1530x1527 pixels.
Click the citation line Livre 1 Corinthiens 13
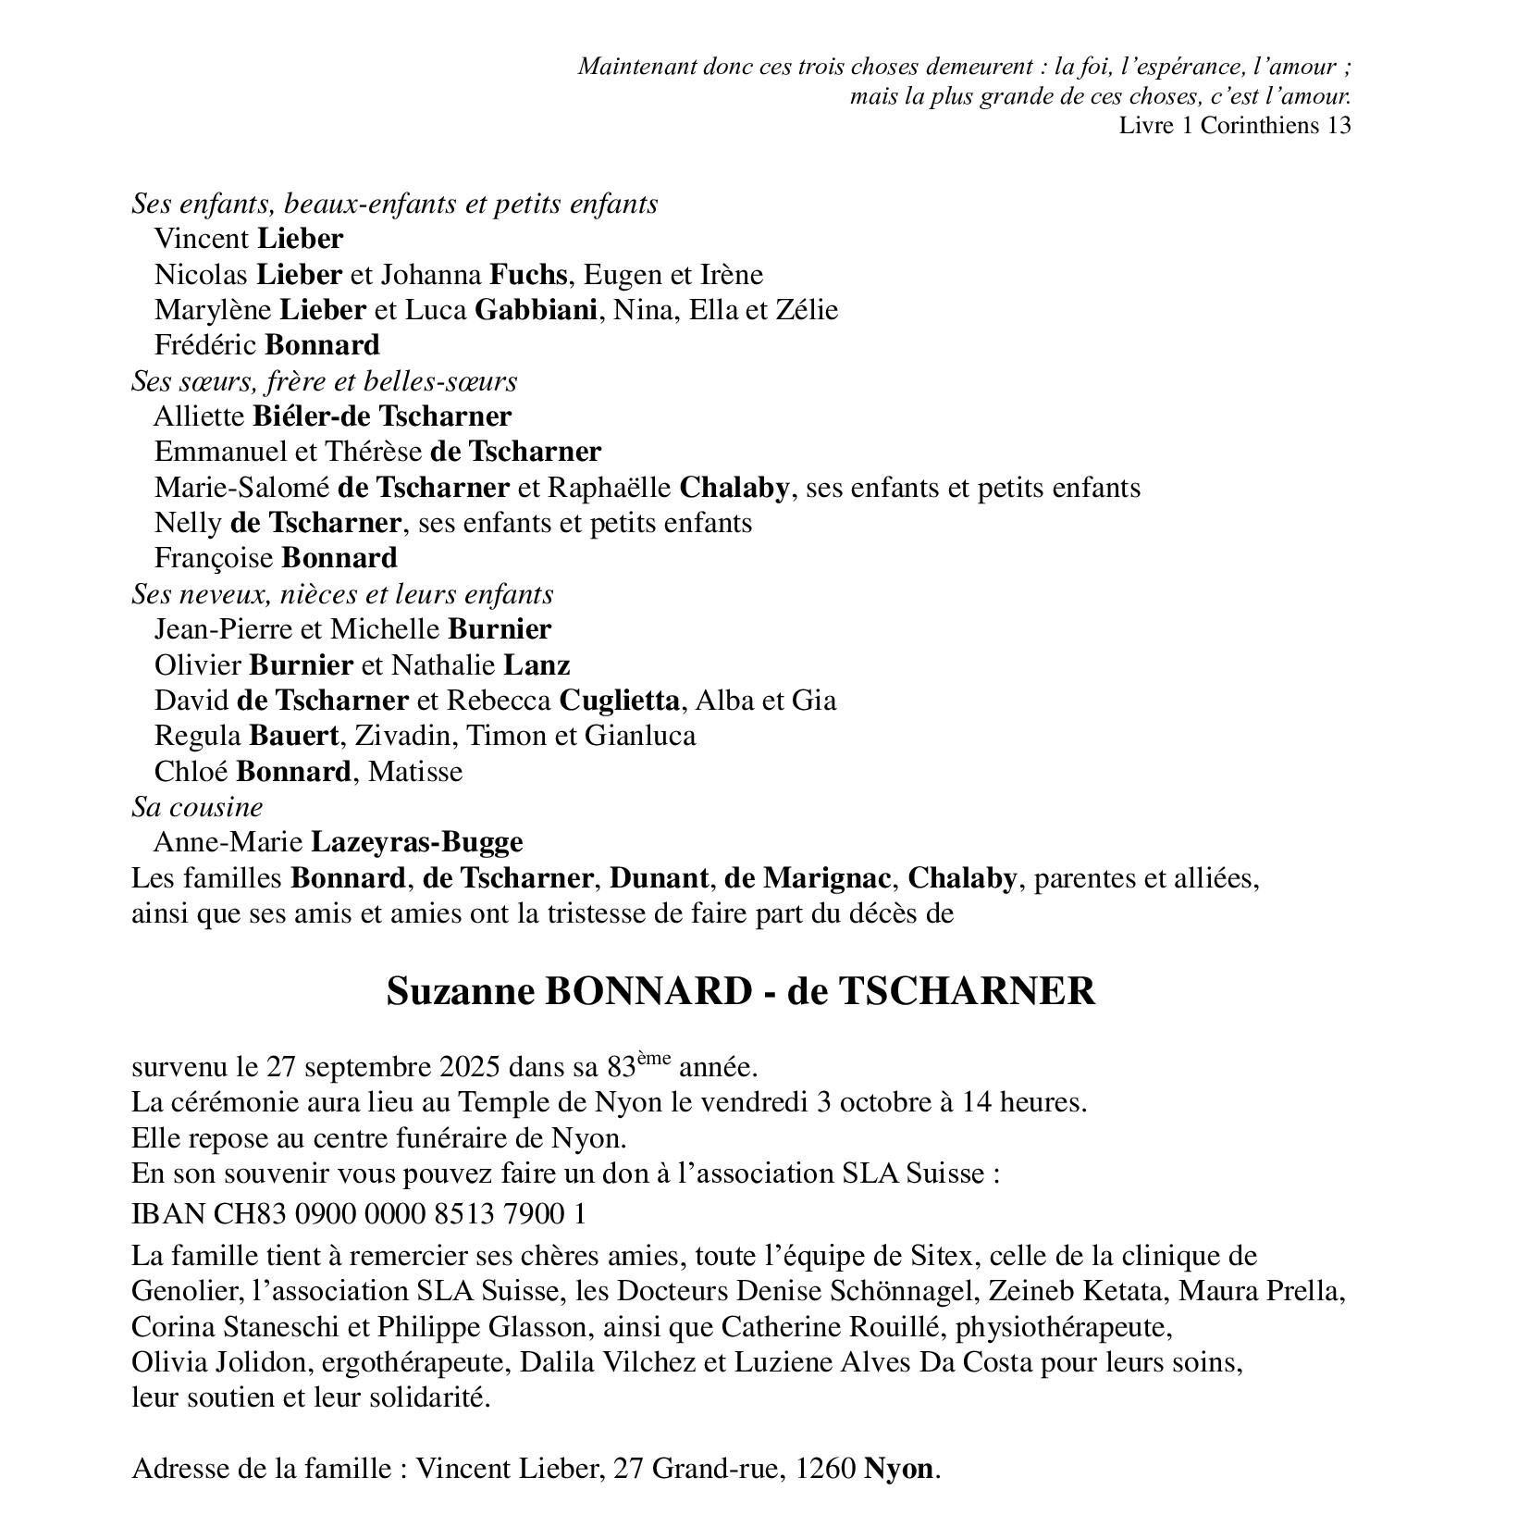click(x=1234, y=126)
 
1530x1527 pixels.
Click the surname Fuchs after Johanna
click(x=527, y=275)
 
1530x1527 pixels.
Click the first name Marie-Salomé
click(x=241, y=488)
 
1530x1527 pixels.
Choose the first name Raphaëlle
click(x=609, y=488)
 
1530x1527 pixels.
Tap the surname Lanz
click(x=537, y=665)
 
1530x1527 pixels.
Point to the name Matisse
click(x=415, y=772)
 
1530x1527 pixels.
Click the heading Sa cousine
click(x=197, y=808)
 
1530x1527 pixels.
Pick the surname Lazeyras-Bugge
click(x=416, y=843)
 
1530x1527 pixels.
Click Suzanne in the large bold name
click(x=459, y=991)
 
